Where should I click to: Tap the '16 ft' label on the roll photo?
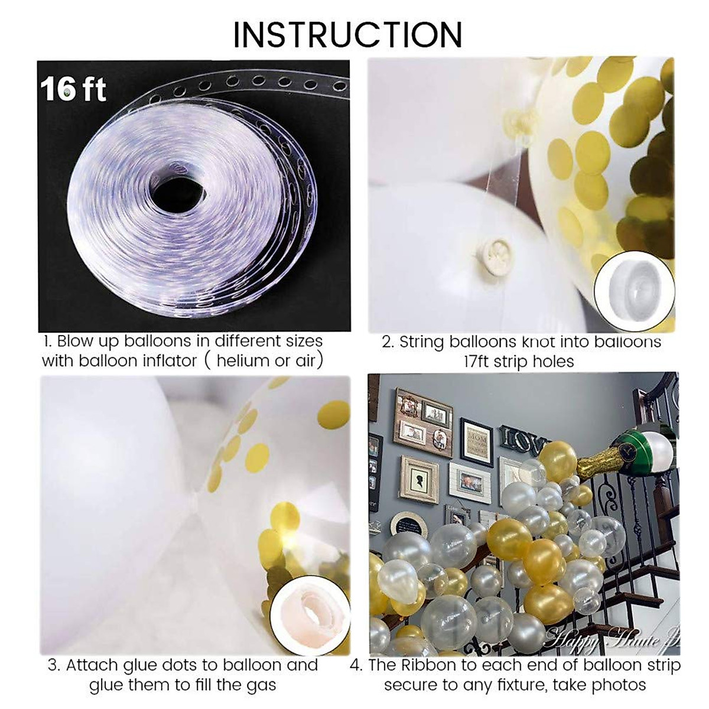click(x=73, y=89)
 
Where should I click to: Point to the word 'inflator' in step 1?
click(x=168, y=361)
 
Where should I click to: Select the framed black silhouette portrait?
click(x=419, y=479)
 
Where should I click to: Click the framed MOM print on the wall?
click(x=476, y=442)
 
